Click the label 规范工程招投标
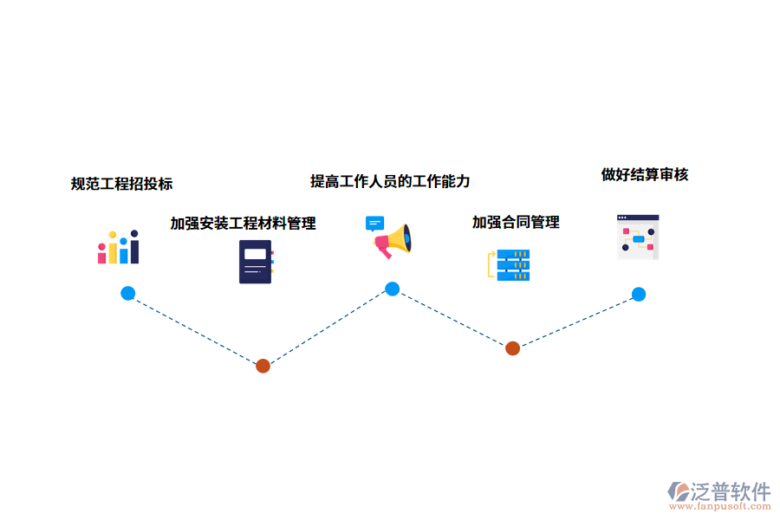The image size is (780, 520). coord(121,184)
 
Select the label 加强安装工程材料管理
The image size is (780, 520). coord(243,224)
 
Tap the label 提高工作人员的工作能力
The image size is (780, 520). coord(390,181)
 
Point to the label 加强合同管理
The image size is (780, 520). coord(516,223)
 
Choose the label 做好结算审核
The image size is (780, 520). coord(645,174)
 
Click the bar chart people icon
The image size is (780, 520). coord(119,247)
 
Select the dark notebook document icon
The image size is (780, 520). coord(256,262)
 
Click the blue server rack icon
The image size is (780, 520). coord(511,264)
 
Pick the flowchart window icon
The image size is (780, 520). coord(638,237)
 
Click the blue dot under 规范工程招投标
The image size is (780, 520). coord(127,293)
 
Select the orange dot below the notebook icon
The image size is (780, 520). coord(263,366)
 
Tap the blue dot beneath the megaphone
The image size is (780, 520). coord(392,289)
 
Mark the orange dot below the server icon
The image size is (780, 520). coord(512,348)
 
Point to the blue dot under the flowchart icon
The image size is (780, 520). coord(638,294)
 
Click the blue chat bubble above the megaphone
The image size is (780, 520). coord(374,223)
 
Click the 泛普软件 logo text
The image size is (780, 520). coord(730,491)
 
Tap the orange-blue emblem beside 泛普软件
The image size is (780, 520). coord(679,492)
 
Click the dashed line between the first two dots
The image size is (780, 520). coord(195,329)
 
